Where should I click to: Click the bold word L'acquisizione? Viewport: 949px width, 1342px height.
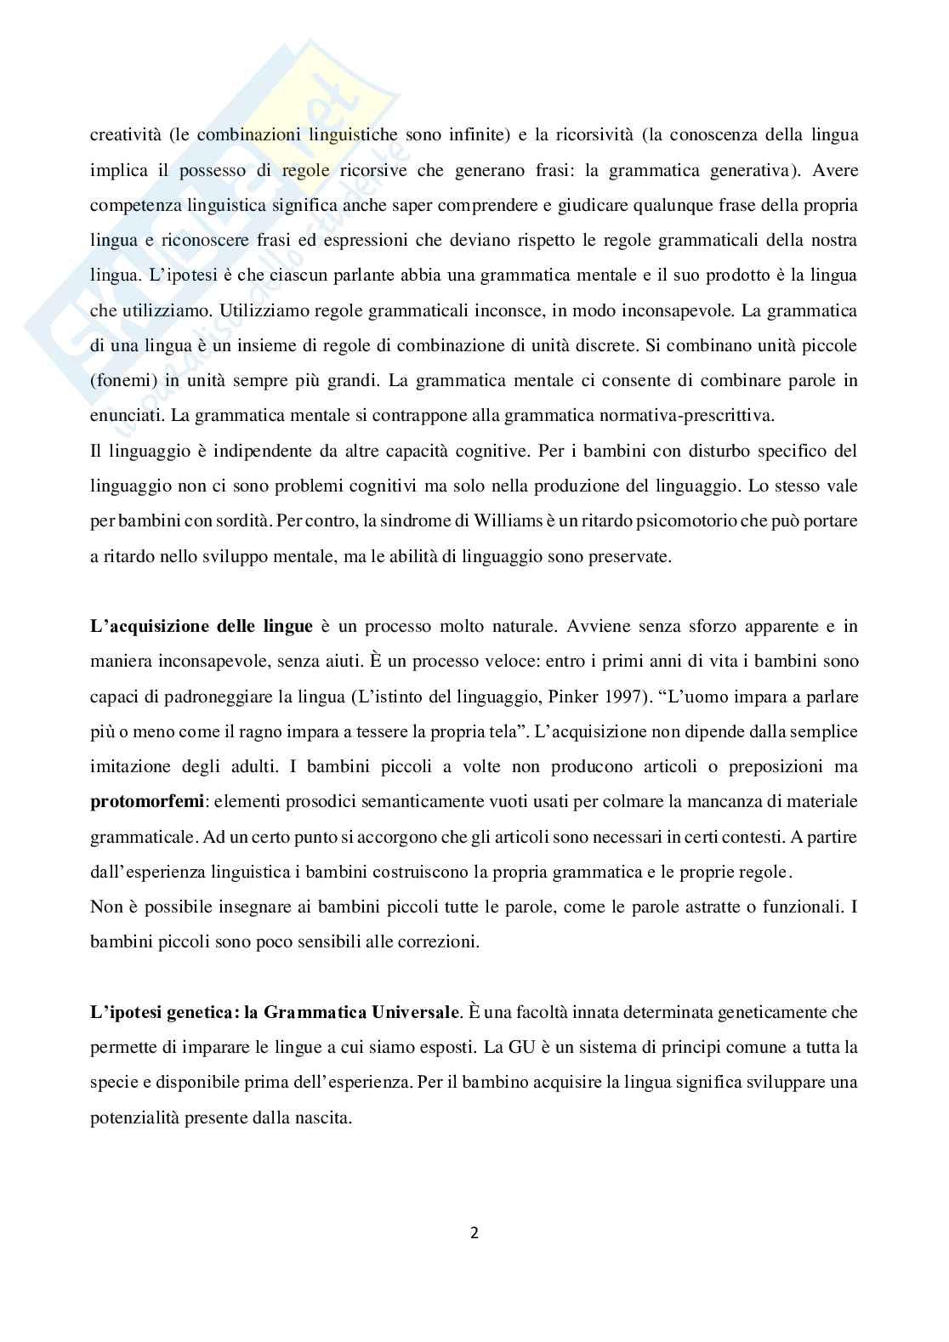coord(141,627)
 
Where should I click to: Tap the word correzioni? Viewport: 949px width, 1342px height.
coord(441,941)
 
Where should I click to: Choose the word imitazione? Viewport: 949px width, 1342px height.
coord(133,766)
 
